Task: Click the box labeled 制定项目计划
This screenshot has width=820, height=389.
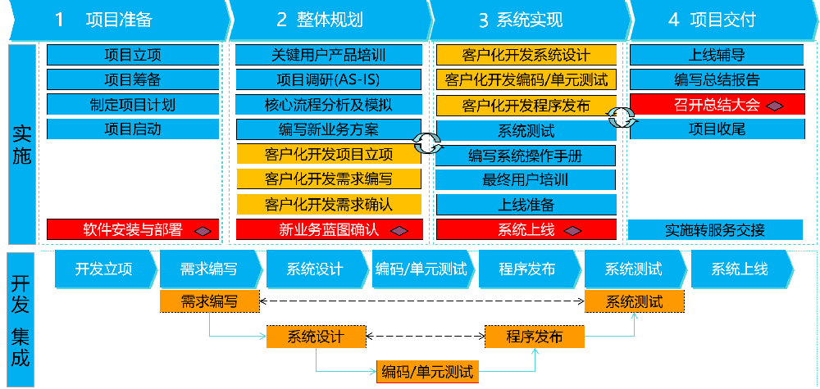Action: pos(133,105)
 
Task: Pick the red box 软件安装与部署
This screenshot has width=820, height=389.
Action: pos(133,230)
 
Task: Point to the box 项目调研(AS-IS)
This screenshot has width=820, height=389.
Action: pos(329,80)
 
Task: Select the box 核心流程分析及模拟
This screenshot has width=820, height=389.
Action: pos(329,105)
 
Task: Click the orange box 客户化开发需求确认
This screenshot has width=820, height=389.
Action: pos(329,204)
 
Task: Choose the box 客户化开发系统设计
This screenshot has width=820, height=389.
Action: pos(526,56)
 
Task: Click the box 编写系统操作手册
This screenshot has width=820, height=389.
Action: pos(526,156)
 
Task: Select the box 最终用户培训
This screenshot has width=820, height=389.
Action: pos(526,180)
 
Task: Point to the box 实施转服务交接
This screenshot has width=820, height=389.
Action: pos(716,230)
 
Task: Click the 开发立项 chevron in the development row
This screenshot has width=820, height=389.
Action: pos(103,269)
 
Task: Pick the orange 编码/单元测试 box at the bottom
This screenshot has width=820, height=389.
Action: pos(427,371)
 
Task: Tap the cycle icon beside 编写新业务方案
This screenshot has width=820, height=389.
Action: pos(426,142)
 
